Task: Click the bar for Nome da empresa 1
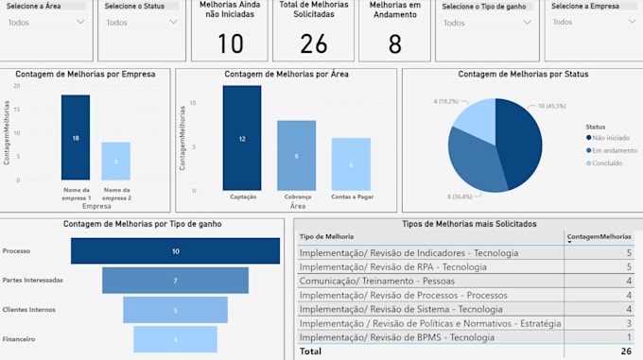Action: click(x=76, y=137)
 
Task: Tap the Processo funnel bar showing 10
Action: click(x=175, y=251)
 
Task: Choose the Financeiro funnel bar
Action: click(x=175, y=338)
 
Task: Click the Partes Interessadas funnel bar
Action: click(x=175, y=281)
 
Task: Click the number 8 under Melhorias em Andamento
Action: click(x=395, y=43)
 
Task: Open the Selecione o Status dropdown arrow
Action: click(x=173, y=23)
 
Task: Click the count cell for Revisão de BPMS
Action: click(x=628, y=337)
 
